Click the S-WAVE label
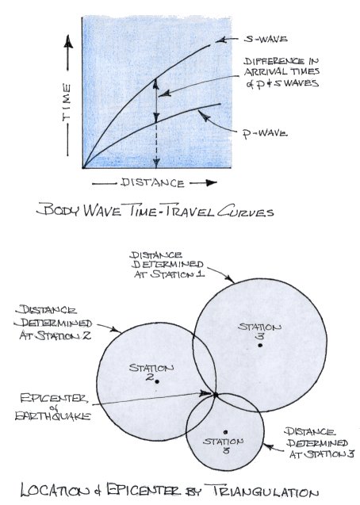point(266,40)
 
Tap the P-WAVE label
point(265,133)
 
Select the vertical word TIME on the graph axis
point(67,102)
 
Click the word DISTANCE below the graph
point(152,183)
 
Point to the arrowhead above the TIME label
point(68,41)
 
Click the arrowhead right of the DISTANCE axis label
point(211,183)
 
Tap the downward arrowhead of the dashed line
point(156,163)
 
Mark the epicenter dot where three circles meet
point(216,395)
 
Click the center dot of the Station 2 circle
point(157,381)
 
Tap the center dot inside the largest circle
point(260,346)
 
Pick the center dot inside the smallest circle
point(226,432)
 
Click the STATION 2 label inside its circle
point(151,372)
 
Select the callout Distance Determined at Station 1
point(167,265)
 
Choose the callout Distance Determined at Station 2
point(53,323)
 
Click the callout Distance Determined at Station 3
point(320,443)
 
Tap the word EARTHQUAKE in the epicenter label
point(53,415)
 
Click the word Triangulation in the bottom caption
point(266,492)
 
